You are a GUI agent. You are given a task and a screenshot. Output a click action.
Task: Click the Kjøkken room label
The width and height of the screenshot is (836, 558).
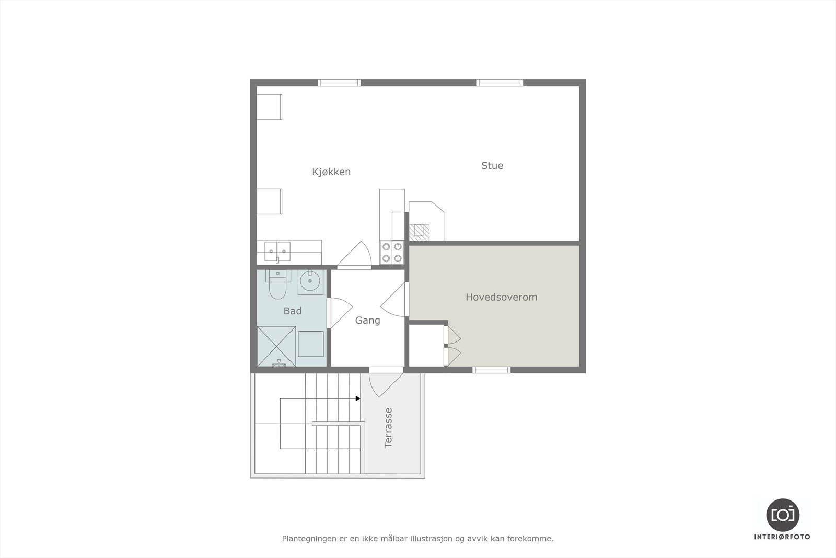331,172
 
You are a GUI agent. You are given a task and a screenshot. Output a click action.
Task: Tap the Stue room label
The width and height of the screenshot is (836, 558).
492,165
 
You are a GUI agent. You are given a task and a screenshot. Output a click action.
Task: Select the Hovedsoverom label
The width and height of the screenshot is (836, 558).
502,297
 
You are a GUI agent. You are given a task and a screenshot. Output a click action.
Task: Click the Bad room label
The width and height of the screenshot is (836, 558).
293,311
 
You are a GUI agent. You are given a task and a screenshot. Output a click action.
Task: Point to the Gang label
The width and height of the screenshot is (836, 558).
367,320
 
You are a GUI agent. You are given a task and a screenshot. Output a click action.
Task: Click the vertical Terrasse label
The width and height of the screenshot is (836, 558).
388,428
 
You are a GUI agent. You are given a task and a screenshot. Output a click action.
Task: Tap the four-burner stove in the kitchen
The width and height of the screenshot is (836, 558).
392,252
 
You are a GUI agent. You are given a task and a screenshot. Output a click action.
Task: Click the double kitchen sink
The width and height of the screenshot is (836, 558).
277,251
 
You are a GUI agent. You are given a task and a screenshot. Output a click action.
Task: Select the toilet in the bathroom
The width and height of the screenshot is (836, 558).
277,286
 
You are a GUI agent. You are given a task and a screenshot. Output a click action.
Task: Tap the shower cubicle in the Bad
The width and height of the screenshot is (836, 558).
276,346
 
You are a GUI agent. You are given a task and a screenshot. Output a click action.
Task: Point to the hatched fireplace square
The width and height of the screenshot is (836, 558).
420,232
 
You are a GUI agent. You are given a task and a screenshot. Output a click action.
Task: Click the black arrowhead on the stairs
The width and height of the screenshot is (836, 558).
358,398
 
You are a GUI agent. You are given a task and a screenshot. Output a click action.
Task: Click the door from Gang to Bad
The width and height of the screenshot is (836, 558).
338,312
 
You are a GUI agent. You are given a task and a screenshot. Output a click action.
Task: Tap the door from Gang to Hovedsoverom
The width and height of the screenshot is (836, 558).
396,300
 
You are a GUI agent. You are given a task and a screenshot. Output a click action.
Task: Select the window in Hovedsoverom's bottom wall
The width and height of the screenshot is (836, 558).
492,370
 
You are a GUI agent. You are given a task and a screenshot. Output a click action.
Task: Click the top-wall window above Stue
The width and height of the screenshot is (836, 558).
500,83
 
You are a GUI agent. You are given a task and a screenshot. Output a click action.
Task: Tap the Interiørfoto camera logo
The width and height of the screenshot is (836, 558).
782,514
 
